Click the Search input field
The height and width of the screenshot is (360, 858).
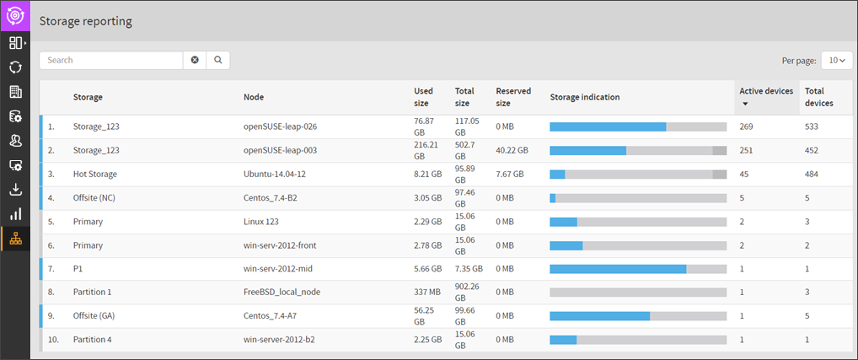click(111, 60)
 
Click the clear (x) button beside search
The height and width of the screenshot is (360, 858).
click(195, 60)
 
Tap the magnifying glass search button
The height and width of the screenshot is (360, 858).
click(217, 60)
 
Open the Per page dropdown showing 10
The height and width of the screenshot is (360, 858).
click(836, 60)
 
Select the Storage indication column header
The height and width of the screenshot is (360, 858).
click(585, 97)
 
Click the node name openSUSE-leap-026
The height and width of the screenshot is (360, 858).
click(280, 126)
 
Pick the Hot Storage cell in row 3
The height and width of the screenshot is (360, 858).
click(95, 174)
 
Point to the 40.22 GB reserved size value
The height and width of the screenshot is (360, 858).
click(512, 150)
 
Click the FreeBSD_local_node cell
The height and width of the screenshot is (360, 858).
click(282, 292)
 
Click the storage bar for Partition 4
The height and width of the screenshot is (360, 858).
click(638, 339)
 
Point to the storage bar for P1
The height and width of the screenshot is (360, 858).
click(638, 268)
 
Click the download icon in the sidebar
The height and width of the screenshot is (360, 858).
click(15, 190)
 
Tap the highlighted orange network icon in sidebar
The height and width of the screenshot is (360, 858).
click(15, 239)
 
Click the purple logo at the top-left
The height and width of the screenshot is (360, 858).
click(15, 15)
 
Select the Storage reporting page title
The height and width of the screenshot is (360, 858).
click(86, 21)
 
